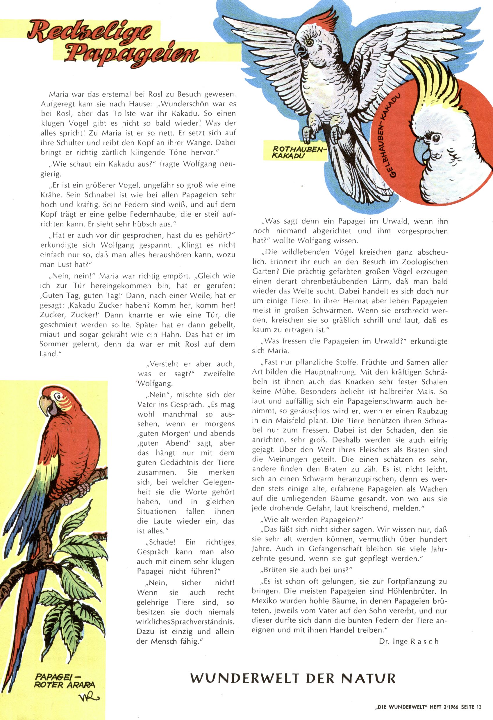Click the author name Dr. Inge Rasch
click(409, 642)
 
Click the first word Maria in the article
click(58, 94)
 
